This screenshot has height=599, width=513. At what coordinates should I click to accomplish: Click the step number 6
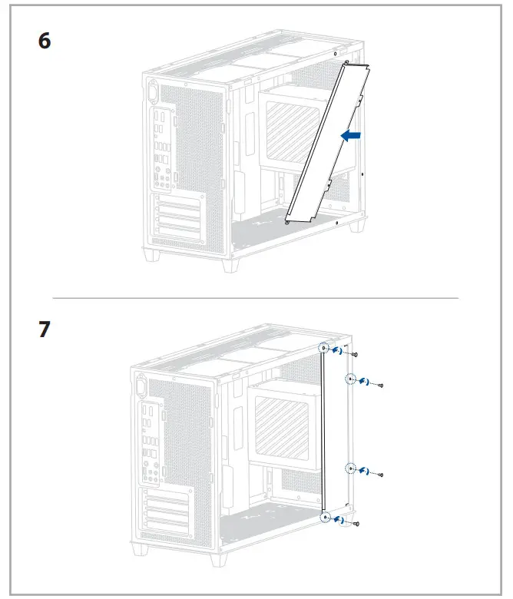45,41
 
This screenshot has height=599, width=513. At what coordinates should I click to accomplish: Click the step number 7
45,330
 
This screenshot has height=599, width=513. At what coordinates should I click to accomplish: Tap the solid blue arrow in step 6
350,135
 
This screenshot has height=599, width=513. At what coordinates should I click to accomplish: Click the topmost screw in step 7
356,354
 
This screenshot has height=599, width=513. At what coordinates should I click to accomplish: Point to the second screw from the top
380,385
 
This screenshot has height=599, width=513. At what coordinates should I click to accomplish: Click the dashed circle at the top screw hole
325,349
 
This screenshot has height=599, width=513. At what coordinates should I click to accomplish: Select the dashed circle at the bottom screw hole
325,518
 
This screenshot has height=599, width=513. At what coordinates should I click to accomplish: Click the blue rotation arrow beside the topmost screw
339,352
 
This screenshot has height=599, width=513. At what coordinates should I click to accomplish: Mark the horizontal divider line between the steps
256,297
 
